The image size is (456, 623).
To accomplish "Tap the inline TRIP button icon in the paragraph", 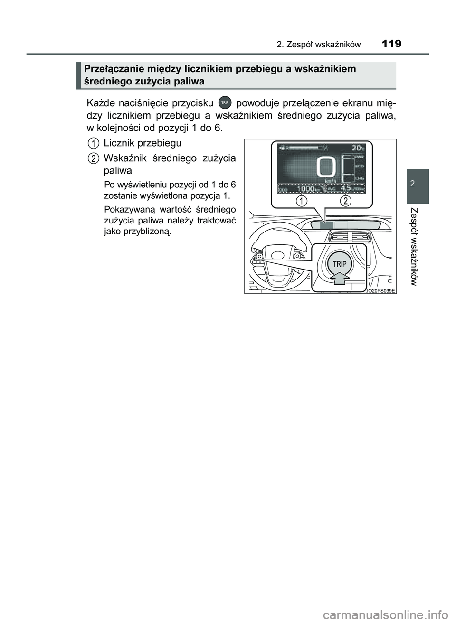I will pyautogui.click(x=225, y=102).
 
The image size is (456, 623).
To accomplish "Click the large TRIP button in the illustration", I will pyautogui.click(x=339, y=263).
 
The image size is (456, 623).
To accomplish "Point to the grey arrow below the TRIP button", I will pyautogui.click(x=339, y=281).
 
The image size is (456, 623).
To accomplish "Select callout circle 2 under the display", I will pyautogui.click(x=346, y=201).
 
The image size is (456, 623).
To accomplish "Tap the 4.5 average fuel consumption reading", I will pyautogui.click(x=347, y=188).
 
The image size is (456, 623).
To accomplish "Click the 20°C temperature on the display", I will pyautogui.click(x=356, y=147).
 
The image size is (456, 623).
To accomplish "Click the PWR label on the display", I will pyautogui.click(x=360, y=156).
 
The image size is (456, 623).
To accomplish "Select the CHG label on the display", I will pyautogui.click(x=360, y=178).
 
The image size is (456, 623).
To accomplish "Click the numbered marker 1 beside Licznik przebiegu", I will pyautogui.click(x=94, y=142).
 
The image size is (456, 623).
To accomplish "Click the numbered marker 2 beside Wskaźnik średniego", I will pyautogui.click(x=94, y=158).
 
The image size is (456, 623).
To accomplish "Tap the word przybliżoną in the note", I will pyautogui.click(x=150, y=232).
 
